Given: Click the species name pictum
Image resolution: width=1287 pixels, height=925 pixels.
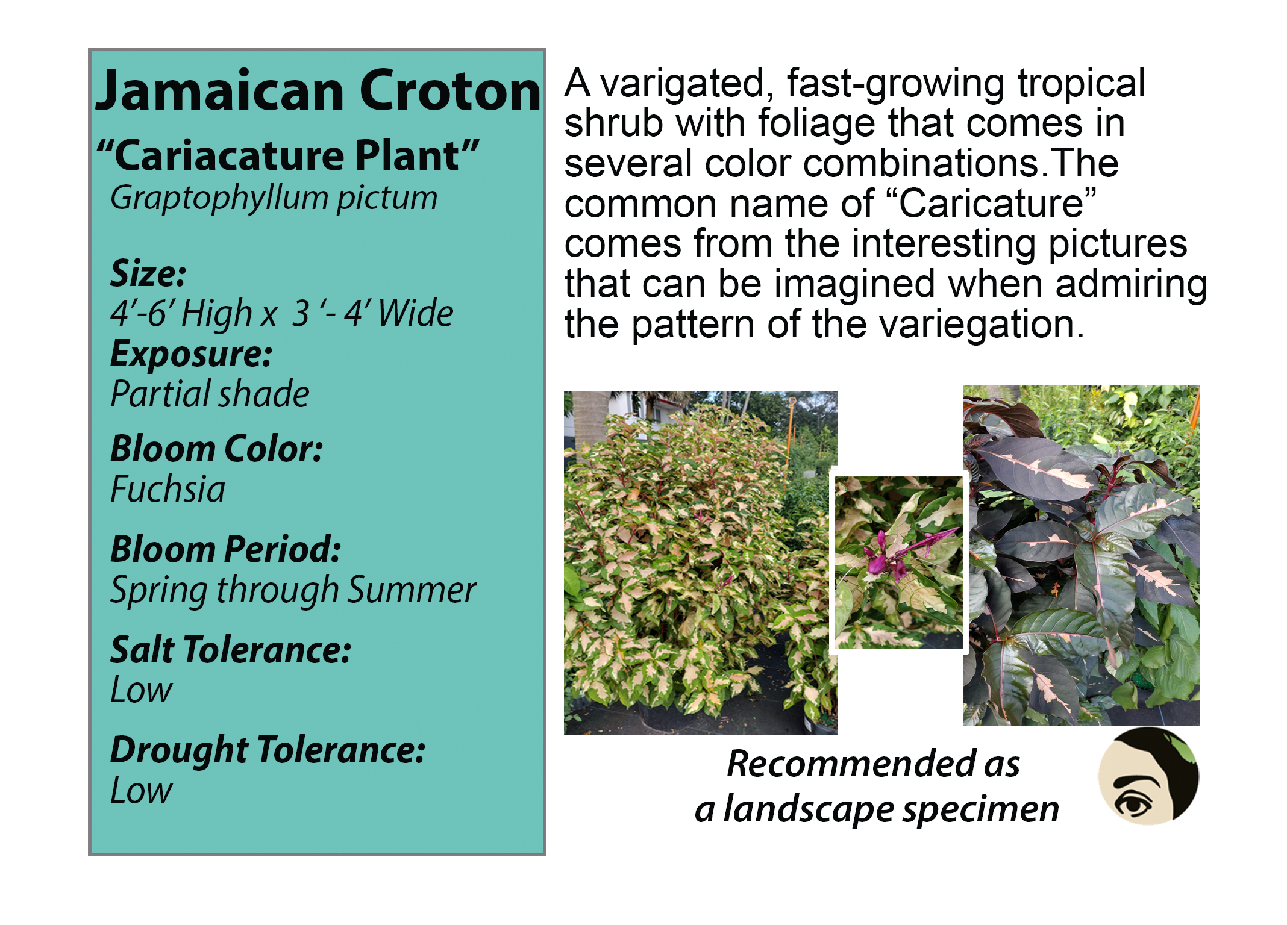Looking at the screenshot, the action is (387, 199).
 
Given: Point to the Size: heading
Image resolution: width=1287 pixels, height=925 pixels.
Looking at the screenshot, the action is (148, 273).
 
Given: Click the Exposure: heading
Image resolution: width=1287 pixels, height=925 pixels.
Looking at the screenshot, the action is (191, 355).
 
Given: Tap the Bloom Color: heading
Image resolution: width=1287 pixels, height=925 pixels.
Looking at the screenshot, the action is (217, 449).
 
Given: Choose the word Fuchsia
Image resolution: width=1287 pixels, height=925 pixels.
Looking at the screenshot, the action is (168, 489).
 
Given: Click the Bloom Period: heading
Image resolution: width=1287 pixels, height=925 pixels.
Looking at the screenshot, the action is (226, 550).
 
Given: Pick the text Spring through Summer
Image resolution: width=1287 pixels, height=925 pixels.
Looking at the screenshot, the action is (293, 590).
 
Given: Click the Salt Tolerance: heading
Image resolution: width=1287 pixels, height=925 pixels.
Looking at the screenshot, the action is (231, 650).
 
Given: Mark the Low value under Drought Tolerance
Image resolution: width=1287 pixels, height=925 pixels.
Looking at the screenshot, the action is (141, 790).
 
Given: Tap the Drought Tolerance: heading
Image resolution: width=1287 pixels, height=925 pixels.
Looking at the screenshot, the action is (268, 752).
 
